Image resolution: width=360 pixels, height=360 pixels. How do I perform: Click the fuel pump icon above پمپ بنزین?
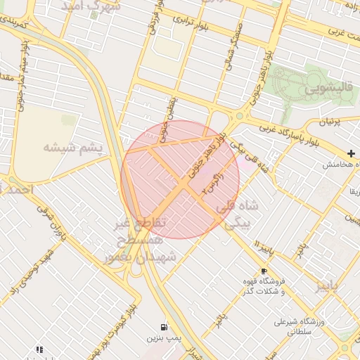(164, 327)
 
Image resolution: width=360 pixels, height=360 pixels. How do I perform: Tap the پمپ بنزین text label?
(159, 339)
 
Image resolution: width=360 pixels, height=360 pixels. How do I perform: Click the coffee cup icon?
(264, 271)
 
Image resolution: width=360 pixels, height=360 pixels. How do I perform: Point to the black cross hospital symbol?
(351, 153)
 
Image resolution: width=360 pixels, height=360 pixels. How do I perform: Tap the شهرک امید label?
(91, 6)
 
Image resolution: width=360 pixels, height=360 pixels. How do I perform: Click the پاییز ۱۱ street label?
(264, 250)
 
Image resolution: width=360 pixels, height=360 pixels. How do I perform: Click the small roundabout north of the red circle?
(240, 116)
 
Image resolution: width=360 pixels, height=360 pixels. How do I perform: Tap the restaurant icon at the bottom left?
(39, 349)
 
